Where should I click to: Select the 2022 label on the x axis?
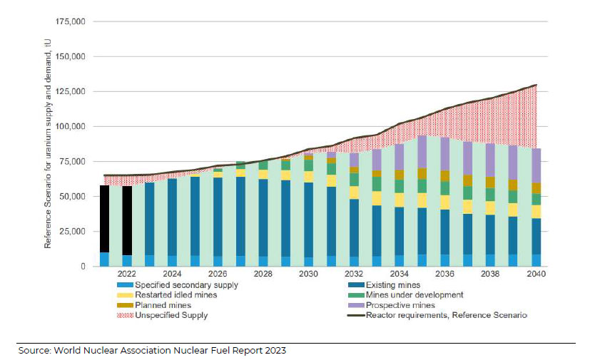(127, 274)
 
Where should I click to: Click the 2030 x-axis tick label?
(308, 274)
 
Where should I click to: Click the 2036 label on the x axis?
(444, 274)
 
